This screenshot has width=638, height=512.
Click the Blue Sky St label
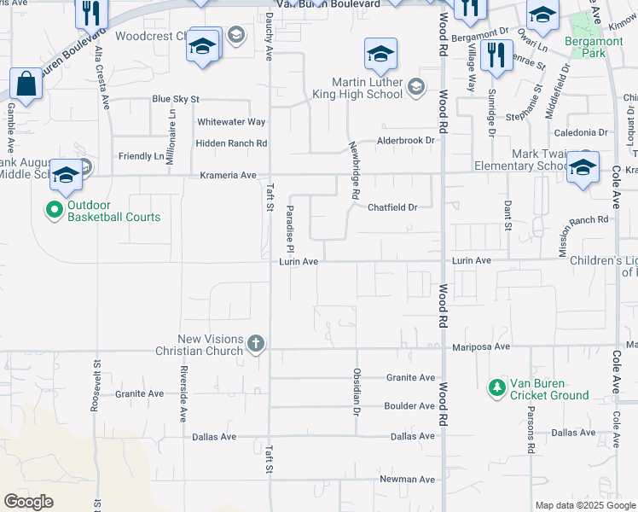(175, 99)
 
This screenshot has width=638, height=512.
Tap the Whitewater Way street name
(232, 122)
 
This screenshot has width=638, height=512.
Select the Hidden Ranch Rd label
(231, 143)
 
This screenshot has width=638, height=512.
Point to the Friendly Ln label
(141, 156)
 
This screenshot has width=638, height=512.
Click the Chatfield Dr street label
(392, 207)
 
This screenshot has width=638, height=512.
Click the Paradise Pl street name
(290, 228)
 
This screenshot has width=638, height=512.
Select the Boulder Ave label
(409, 406)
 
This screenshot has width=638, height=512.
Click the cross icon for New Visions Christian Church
(255, 344)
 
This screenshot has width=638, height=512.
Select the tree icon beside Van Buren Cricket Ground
(496, 388)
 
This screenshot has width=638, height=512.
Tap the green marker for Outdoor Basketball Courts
(53, 209)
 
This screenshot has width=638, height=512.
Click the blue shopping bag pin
(26, 84)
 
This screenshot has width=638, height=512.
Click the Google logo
(29, 502)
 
